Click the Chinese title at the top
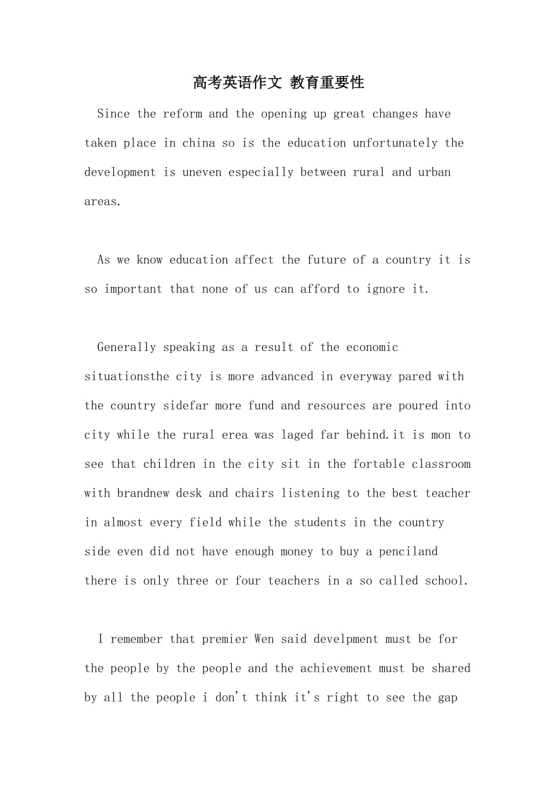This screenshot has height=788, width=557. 278,82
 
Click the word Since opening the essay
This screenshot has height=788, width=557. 113,114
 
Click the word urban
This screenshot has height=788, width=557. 435,172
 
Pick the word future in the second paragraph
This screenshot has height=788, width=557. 326,260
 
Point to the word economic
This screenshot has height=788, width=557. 372,347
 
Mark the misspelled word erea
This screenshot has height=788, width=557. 234,435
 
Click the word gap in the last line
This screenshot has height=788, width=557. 447,697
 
